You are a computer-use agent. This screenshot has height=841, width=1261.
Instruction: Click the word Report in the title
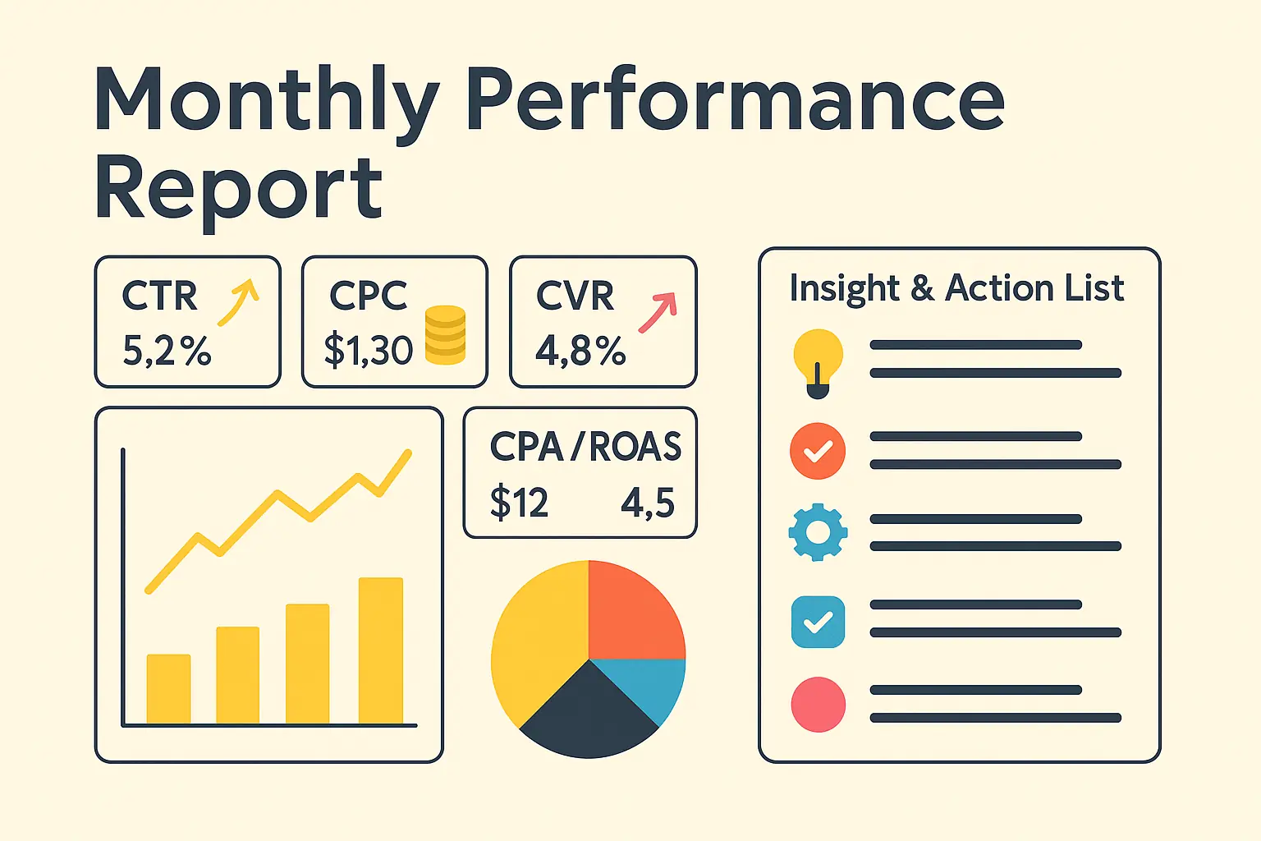[238, 189]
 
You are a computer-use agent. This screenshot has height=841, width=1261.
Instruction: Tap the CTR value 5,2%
[167, 351]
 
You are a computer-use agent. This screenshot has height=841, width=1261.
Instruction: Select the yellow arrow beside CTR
[238, 301]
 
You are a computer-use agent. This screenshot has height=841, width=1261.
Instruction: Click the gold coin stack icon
[446, 335]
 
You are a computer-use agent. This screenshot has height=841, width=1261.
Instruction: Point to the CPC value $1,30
[368, 351]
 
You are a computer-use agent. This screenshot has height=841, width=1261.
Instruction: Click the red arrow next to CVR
[658, 312]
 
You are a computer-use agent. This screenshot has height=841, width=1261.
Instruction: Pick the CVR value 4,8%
[580, 351]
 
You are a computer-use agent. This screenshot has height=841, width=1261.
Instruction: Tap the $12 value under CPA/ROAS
[519, 503]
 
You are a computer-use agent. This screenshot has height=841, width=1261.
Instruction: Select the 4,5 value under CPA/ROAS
[648, 503]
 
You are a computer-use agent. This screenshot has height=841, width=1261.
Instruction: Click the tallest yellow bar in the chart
[381, 650]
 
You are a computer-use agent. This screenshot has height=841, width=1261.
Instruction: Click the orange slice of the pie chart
[634, 612]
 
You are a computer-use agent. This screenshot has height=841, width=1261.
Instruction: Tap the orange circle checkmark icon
[818, 451]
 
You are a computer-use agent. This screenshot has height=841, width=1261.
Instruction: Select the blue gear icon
[818, 532]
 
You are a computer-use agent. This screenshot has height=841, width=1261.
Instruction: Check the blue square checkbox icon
[818, 622]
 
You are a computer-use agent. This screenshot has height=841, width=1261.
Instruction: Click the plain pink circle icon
[818, 705]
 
